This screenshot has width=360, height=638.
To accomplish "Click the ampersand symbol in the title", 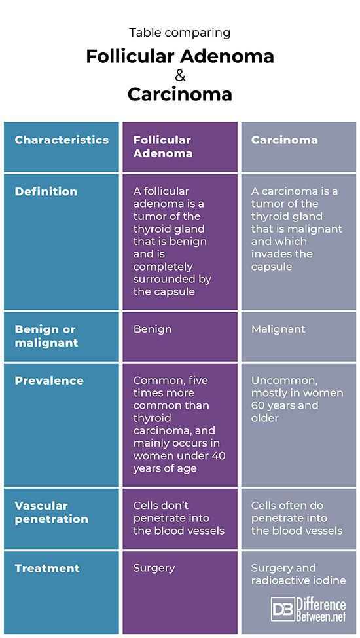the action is pyautogui.click(x=180, y=76).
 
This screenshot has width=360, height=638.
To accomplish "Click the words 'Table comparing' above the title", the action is pyautogui.click(x=180, y=33).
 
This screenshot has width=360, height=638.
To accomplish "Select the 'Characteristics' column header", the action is pyautogui.click(x=62, y=140).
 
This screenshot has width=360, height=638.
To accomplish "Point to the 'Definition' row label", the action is pyautogui.click(x=46, y=192).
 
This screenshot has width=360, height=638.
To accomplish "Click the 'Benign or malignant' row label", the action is pyautogui.click(x=46, y=335).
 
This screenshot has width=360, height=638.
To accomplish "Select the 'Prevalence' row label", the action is pyautogui.click(x=49, y=381).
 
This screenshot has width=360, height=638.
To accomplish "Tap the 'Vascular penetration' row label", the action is pyautogui.click(x=51, y=512).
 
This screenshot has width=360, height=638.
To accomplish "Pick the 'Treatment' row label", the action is pyautogui.click(x=47, y=568).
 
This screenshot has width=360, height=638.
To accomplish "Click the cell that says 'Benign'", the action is pyautogui.click(x=153, y=329).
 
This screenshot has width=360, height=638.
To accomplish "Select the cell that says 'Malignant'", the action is pyautogui.click(x=278, y=329).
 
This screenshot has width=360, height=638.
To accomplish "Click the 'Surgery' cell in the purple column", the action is pyautogui.click(x=154, y=569).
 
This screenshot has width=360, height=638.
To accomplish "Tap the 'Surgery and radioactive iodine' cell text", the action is pyautogui.click(x=298, y=574).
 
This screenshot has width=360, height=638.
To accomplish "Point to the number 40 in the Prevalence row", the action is pyautogui.click(x=218, y=456).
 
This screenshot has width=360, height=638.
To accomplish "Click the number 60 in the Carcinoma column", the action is pyautogui.click(x=258, y=405).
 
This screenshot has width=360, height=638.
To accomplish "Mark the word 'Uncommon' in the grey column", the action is pyautogui.click(x=284, y=381).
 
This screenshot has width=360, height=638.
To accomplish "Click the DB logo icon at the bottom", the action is pyautogui.click(x=283, y=609).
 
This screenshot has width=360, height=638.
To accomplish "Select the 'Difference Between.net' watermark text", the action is pyautogui.click(x=321, y=609).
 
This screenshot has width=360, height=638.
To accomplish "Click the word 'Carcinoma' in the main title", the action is pyautogui.click(x=180, y=94).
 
